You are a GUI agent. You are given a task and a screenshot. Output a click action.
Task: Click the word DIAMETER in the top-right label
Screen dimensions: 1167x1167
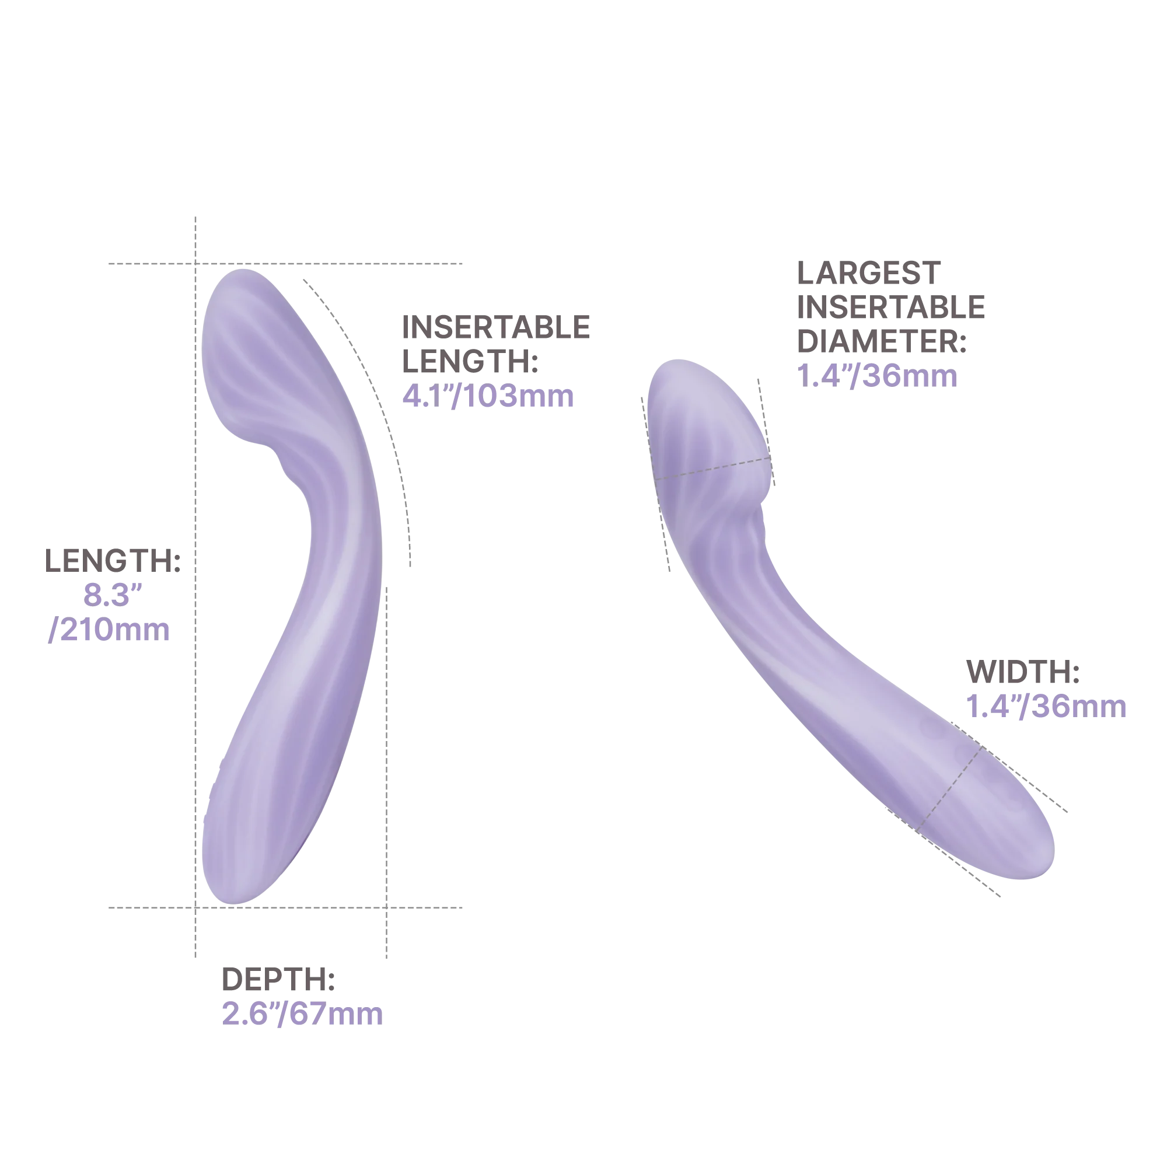coord(881,343)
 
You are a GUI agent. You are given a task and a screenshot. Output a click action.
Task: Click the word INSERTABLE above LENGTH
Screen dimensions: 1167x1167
coord(497,328)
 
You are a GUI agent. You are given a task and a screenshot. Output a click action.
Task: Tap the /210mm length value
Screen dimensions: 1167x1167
coord(109,633)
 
